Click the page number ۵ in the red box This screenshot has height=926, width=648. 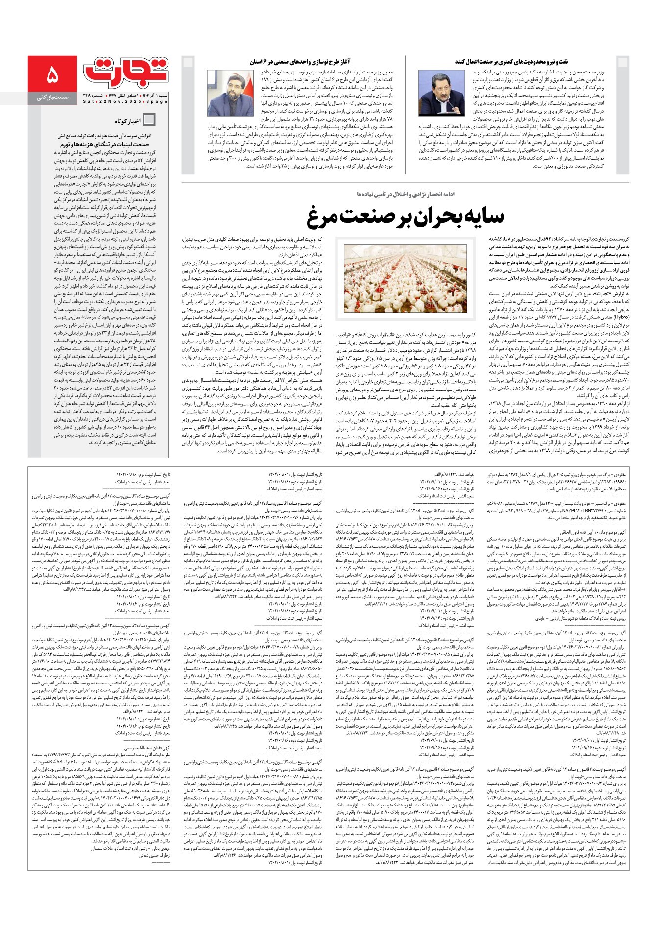[x=52, y=76]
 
